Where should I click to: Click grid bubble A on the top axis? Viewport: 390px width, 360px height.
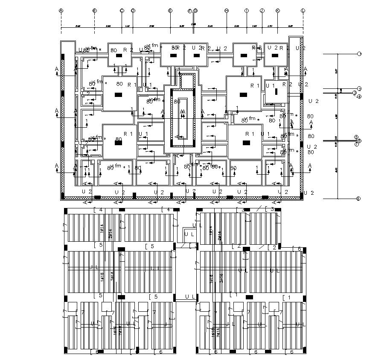pos(61,10)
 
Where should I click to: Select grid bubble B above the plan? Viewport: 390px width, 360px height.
pos(94,10)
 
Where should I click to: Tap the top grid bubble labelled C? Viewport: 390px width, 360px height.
pos(122,10)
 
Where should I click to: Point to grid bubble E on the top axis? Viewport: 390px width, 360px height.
pos(170,10)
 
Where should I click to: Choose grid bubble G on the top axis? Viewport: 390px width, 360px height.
pos(195,10)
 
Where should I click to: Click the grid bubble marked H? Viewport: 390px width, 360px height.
pos(227,10)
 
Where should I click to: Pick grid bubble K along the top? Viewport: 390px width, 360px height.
pos(278,10)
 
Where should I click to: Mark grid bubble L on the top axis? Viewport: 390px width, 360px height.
pos(303,10)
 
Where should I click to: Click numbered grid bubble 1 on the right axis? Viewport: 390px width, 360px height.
pos(359,54)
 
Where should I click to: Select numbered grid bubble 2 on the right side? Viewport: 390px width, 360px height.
pos(359,89)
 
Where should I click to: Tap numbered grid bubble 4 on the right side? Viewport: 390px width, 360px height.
pos(359,97)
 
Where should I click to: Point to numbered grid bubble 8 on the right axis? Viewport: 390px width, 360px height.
pos(358,199)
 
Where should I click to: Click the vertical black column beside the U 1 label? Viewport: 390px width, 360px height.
pos(276,91)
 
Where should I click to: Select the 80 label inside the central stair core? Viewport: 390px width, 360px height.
pos(177,102)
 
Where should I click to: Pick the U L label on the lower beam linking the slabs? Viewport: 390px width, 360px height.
pos(190,296)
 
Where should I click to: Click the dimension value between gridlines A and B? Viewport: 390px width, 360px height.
pos(78,26)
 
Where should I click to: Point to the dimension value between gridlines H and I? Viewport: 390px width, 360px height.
pos(236,26)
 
